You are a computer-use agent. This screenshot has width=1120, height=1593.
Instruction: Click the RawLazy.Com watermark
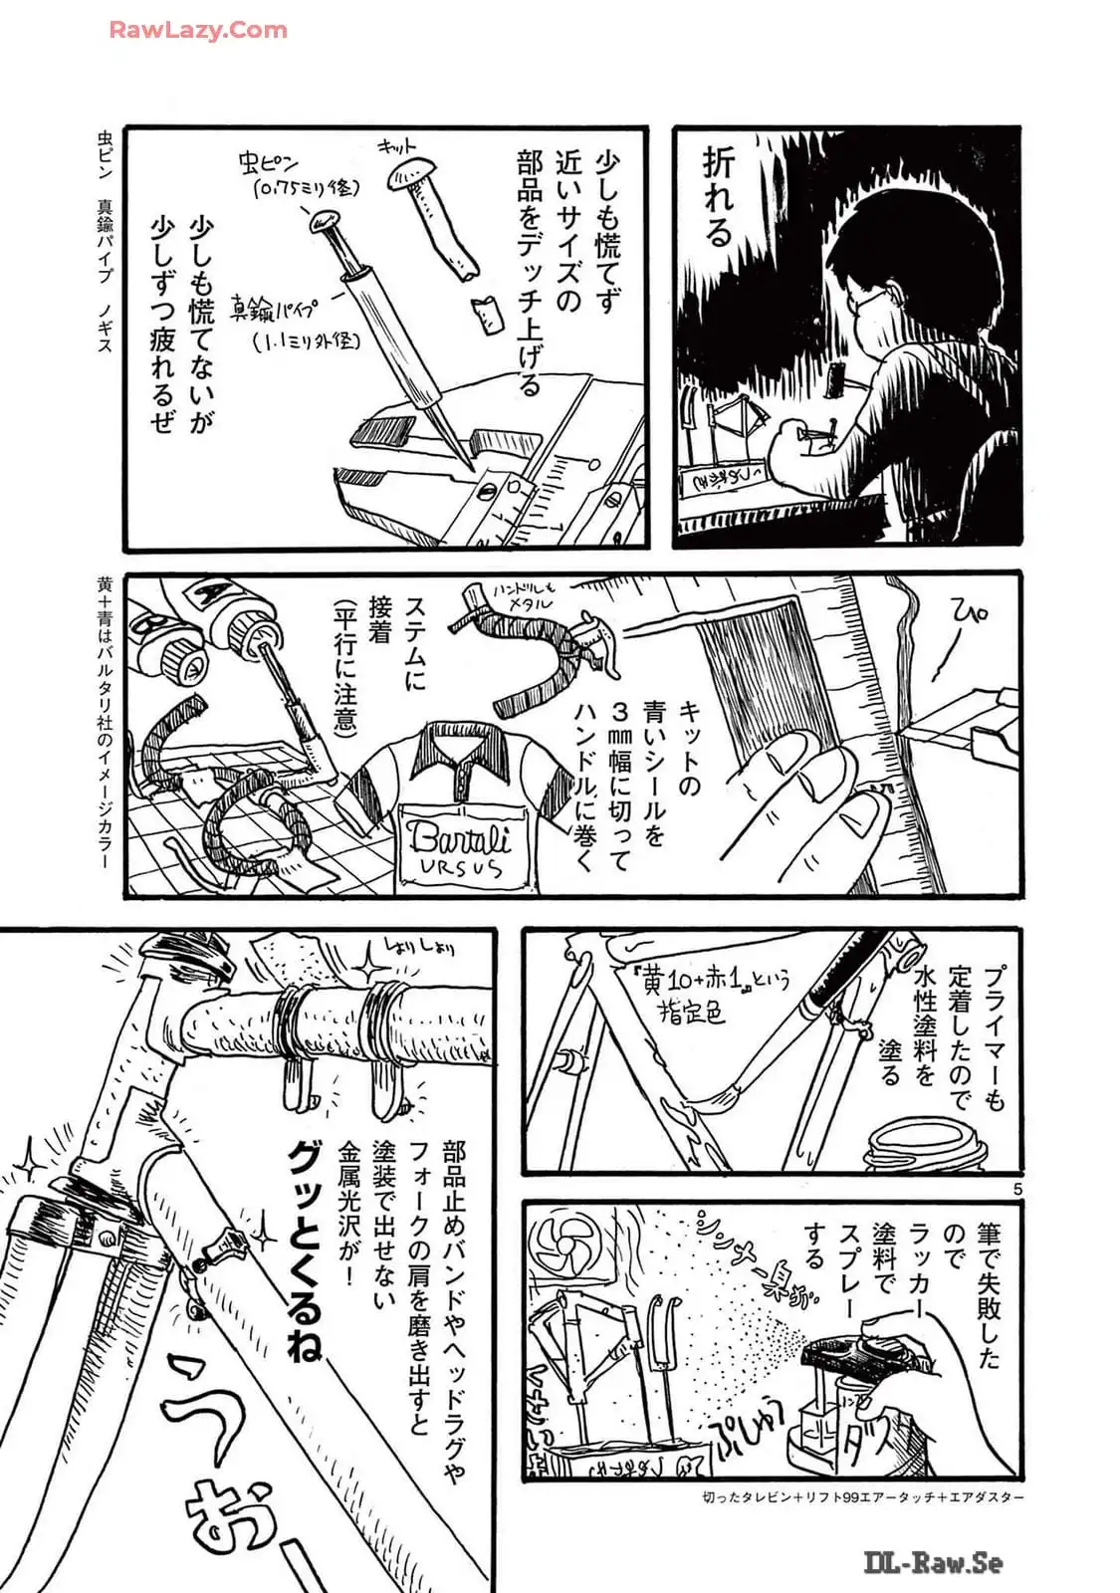pos(197,30)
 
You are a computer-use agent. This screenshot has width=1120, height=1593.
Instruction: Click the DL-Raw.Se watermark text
pos(932,1564)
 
